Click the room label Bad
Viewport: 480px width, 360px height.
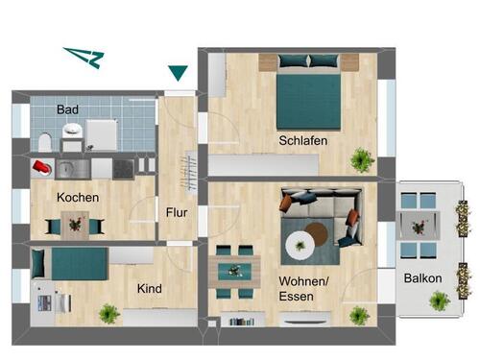pos(67,109)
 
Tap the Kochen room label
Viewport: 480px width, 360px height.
pos(78,198)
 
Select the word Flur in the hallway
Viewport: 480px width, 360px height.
pos(177,212)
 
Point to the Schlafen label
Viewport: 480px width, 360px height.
pos(303,141)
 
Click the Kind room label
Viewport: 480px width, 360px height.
pos(149,289)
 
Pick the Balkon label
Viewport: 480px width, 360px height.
pos(423,278)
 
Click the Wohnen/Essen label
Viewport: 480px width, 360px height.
pos(303,289)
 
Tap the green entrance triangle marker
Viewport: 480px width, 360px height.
pos(178,72)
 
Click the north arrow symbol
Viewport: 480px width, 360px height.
pos(84,58)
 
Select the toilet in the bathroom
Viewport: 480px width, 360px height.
pos(45,143)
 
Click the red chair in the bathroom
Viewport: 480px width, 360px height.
pos(41,167)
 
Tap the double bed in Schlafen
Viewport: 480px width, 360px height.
pos(309,92)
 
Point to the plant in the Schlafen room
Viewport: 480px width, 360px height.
pos(362,157)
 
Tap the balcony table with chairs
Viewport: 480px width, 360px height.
pos(418,228)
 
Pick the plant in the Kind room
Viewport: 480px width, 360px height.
pos(108,313)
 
